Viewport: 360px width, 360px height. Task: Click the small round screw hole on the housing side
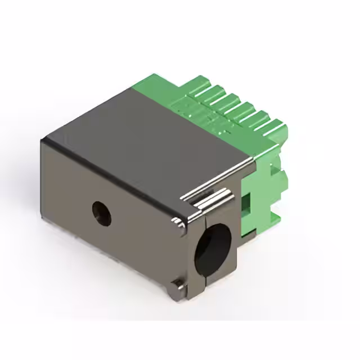pos(102,213)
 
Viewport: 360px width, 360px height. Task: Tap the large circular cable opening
pos(213,247)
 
